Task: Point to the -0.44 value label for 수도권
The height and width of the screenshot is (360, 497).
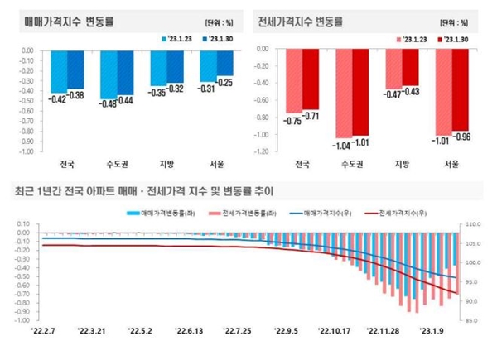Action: pos(126,101)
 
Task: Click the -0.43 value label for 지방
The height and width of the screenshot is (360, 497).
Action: pos(410,90)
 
